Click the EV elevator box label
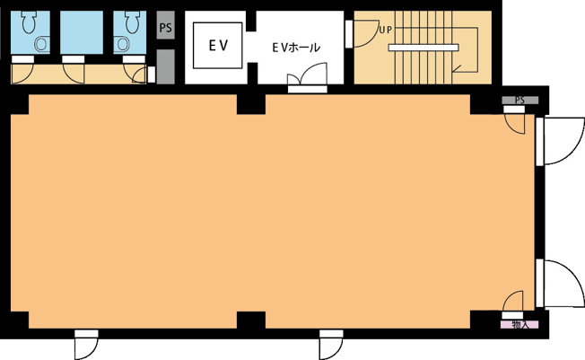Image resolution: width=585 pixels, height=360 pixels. click(218, 46)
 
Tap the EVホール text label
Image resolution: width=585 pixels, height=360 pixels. click(296, 48)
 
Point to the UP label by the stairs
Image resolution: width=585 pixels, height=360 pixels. click(386, 30)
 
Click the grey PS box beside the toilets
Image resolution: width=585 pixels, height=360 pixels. click(165, 25)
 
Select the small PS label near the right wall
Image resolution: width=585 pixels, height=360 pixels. click(520, 100)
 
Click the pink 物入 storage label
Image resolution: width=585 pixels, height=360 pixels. click(520, 324)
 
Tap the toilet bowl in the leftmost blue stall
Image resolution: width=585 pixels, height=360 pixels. click(29, 22)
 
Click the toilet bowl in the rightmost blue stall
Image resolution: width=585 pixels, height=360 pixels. click(132, 22)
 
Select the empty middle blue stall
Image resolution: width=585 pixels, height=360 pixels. click(82, 32)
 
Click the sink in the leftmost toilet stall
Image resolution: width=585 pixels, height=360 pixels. click(41, 45)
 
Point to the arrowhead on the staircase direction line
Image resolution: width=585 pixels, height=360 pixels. click(456, 69)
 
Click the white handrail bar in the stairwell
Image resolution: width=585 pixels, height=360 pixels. click(423, 48)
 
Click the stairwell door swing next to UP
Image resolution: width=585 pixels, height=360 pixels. click(366, 34)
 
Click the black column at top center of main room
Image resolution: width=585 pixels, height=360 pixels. click(251, 104)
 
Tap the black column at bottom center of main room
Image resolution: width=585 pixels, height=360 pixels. click(251, 320)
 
